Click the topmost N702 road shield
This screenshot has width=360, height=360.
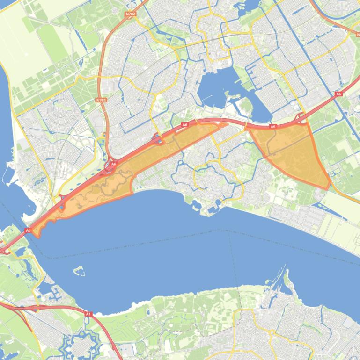[x=130, y=14]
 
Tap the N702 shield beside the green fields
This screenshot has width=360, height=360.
[x=100, y=100]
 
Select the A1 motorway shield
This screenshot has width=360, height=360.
[x=88, y=314]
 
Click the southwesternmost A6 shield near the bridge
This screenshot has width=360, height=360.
[x=28, y=230]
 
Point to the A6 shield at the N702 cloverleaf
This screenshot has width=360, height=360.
[x=113, y=164]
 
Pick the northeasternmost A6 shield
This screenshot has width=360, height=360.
[x=338, y=94]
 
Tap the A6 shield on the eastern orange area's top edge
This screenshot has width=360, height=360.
[x=273, y=126]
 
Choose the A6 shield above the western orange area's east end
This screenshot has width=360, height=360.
[x=185, y=125]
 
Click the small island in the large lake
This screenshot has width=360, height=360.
[x=79, y=270]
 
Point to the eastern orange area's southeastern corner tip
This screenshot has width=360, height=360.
[x=329, y=187]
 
